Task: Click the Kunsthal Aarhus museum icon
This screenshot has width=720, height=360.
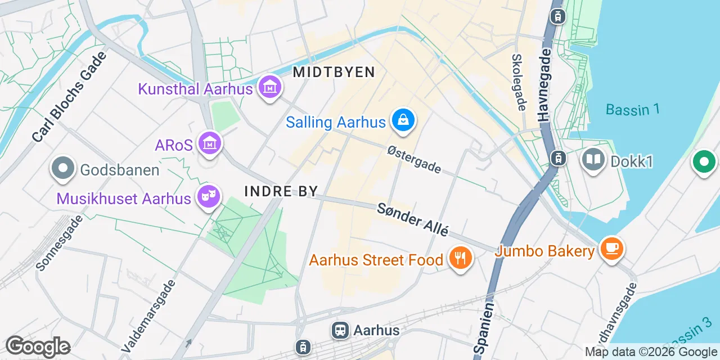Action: tap(270, 88)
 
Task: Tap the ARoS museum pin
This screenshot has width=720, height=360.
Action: tap(210, 144)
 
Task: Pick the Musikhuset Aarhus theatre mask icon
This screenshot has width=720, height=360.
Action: tap(209, 197)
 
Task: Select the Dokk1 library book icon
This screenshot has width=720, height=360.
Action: tap(593, 161)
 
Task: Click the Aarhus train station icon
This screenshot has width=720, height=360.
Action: tap(340, 330)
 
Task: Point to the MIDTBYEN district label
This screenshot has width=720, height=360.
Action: tap(334, 72)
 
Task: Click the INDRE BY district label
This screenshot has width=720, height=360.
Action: tap(281, 191)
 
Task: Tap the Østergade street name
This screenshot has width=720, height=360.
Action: tap(415, 160)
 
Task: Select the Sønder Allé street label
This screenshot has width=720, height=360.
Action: tap(413, 219)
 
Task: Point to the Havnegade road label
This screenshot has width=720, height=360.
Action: tap(543, 84)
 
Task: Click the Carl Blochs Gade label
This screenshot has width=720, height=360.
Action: tap(69, 96)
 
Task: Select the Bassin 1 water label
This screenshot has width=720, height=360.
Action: tap(632, 109)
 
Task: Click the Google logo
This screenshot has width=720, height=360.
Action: tap(38, 346)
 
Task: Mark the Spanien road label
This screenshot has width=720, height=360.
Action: tap(484, 328)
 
